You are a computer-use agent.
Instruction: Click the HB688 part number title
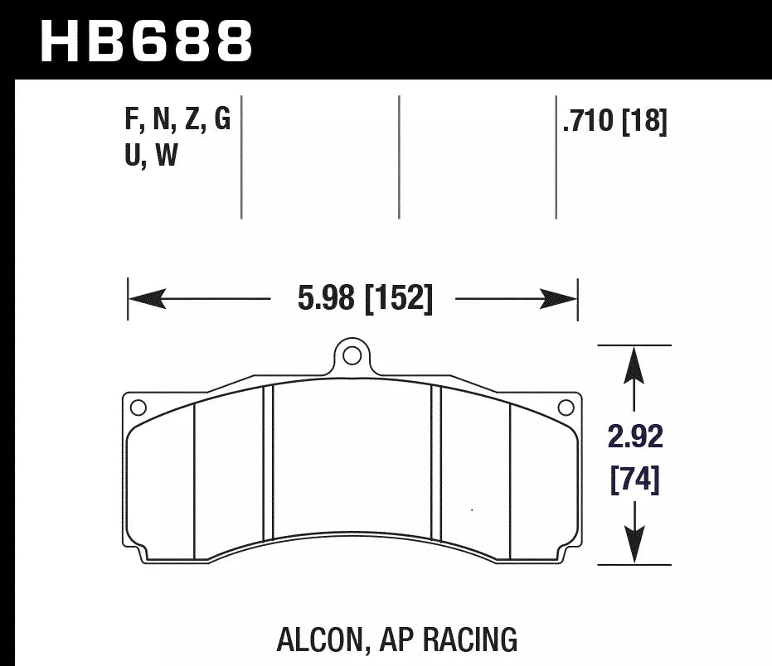pos(146,41)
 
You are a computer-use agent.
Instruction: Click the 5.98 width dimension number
pos(327,299)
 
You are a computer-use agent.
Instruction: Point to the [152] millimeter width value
pos(399,299)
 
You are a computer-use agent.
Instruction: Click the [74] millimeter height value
pos(635,480)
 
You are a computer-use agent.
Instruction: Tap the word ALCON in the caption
pos(318,640)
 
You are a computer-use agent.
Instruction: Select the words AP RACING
pos(449,640)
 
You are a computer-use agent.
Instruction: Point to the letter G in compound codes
pos(221,122)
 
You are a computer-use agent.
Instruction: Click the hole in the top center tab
pos(352,356)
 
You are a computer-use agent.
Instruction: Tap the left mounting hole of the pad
pos(138,407)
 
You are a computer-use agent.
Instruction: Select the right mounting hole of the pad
pos(566,407)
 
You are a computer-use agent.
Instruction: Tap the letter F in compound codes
pos(131,122)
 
